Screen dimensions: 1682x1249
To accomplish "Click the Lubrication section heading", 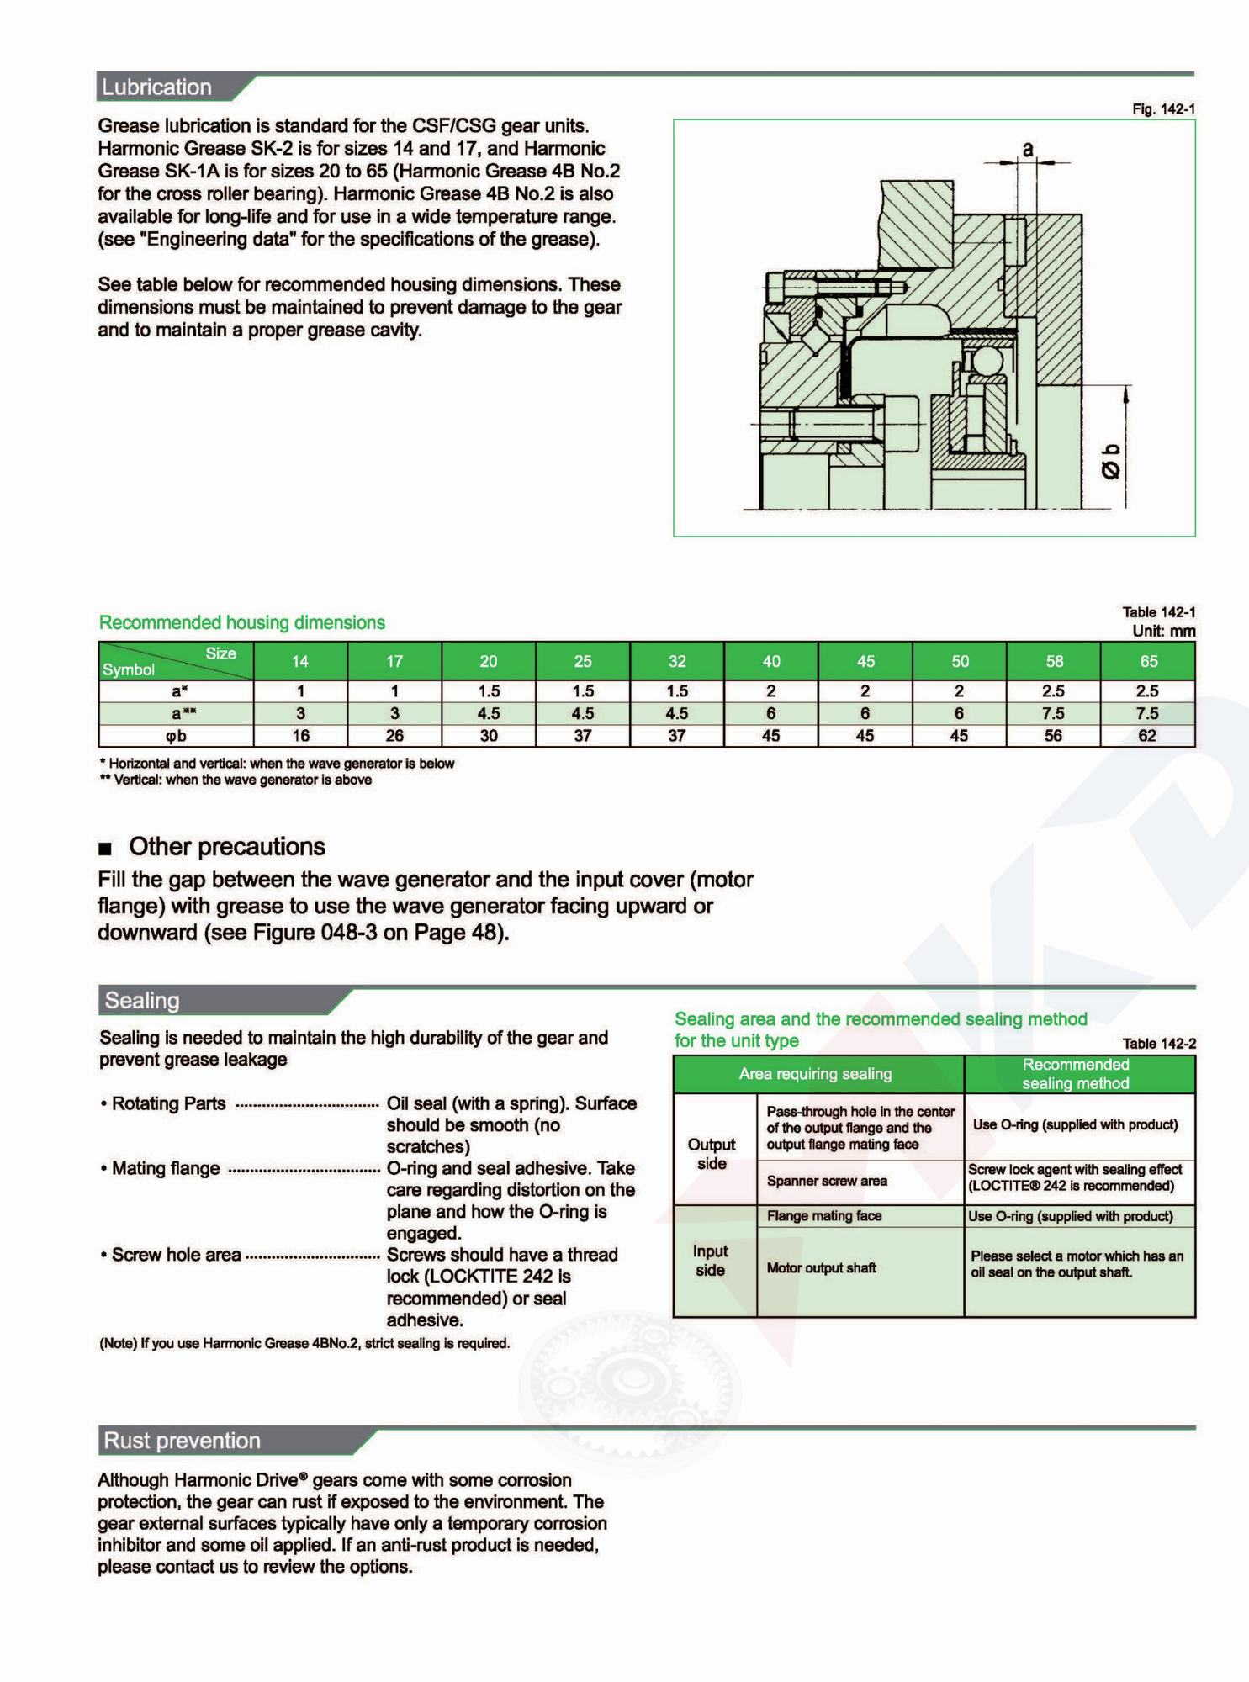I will click(x=156, y=87).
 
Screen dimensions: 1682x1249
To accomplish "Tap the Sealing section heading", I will click(x=142, y=1000).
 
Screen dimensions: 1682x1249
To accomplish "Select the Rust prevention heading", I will click(x=182, y=1440).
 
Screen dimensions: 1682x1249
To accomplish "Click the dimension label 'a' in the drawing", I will click(x=1027, y=149).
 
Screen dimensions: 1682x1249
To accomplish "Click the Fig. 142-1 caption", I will click(x=1163, y=109).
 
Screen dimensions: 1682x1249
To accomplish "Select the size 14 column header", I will click(x=300, y=661).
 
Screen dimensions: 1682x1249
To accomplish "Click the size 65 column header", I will click(x=1148, y=661).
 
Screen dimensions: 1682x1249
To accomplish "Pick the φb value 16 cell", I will click(x=300, y=736).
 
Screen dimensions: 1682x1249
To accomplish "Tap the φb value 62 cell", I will click(x=1147, y=736).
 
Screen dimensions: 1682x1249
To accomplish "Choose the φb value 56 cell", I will click(x=1053, y=736).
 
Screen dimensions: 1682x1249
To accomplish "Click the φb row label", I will click(x=176, y=736).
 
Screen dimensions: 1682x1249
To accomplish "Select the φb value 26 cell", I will click(x=394, y=736).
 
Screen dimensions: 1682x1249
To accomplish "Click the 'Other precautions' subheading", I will click(x=227, y=846).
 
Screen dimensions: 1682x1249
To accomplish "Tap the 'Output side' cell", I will click(x=712, y=1154).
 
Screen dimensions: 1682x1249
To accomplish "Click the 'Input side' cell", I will click(x=711, y=1261).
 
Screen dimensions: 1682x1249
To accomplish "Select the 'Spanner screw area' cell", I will click(x=827, y=1181).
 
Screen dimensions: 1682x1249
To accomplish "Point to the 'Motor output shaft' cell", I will click(x=821, y=1267).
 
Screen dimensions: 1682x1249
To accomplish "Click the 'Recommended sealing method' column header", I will click(x=1076, y=1074).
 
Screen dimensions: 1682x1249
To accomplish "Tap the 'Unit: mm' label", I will click(x=1163, y=631).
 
